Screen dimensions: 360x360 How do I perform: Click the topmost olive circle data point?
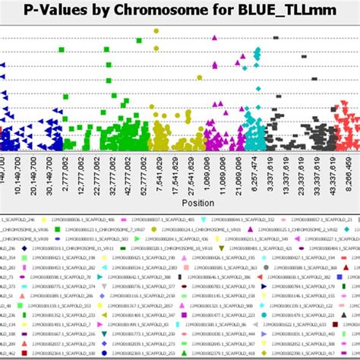tap(156, 31)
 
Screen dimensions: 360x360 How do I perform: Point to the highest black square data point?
tap(276, 37)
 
